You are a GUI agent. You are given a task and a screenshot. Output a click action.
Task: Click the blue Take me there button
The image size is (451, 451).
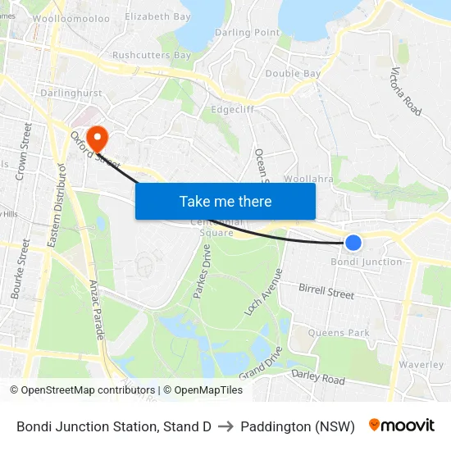[225, 202]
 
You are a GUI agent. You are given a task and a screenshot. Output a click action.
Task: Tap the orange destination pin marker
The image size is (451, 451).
[98, 138]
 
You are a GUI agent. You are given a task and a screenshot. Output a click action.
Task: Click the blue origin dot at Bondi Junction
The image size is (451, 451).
[353, 243]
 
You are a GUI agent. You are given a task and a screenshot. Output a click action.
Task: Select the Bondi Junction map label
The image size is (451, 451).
[367, 262]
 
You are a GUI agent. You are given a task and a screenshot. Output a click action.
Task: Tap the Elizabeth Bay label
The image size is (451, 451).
[157, 16]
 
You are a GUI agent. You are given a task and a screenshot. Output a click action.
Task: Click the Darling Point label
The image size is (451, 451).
[247, 32]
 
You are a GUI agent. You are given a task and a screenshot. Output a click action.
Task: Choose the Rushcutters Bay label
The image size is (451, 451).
[152, 55]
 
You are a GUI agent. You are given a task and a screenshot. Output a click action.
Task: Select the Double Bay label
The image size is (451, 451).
[293, 73]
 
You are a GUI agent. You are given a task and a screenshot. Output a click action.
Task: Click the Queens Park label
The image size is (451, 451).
[339, 332]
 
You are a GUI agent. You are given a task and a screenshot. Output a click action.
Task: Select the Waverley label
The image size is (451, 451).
[421, 364]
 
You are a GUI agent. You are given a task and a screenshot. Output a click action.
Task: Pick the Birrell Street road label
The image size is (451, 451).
[326, 290]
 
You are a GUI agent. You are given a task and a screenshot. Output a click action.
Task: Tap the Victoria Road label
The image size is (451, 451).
[407, 91]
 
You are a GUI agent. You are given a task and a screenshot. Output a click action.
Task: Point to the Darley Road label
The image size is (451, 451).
[318, 377]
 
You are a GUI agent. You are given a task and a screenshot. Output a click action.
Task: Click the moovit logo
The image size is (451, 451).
[402, 426]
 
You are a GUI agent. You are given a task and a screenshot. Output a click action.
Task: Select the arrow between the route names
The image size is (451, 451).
[225, 426]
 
